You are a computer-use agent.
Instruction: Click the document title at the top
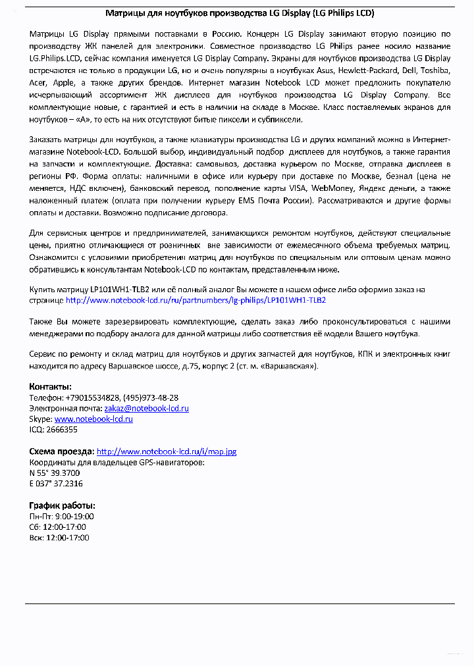point(240,13)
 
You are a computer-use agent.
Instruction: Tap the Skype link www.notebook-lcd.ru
point(93,419)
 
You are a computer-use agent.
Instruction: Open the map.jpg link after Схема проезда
point(167,451)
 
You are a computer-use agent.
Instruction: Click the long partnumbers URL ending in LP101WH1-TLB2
point(196,299)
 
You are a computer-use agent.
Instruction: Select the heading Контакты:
point(51,386)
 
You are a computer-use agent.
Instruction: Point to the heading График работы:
point(63,505)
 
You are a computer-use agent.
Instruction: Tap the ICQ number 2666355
point(62,429)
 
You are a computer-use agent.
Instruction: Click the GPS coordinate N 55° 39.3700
point(55,473)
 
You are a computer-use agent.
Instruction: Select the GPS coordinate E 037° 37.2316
point(56,483)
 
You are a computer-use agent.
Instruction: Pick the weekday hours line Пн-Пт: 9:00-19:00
point(62,517)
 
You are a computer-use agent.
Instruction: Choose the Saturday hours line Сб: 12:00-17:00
point(58,527)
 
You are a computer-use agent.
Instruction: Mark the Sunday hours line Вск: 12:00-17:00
point(59,538)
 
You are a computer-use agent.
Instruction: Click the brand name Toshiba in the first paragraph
point(433,70)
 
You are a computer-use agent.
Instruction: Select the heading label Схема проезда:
point(61,451)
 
